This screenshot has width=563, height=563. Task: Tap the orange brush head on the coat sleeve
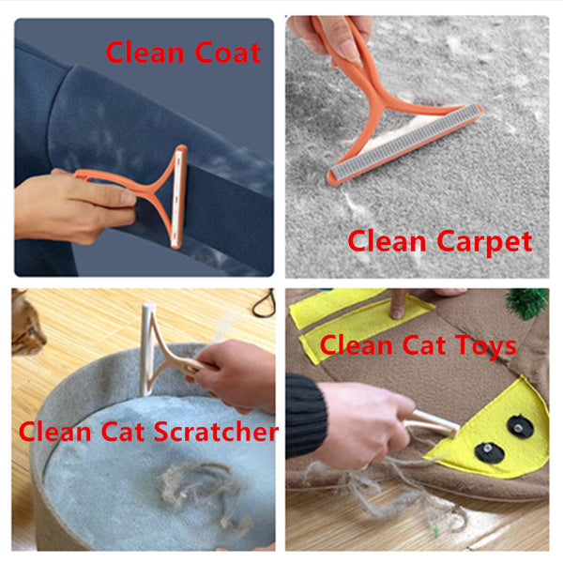pyautogui.click(x=178, y=197)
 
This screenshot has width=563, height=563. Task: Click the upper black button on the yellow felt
pyautogui.click(x=517, y=424)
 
